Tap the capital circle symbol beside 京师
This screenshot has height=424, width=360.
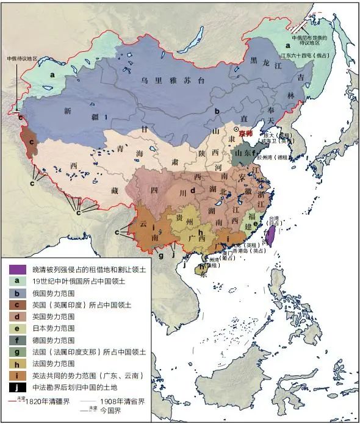[x=236, y=130]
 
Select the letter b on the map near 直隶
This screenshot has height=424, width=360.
[x=216, y=111]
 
